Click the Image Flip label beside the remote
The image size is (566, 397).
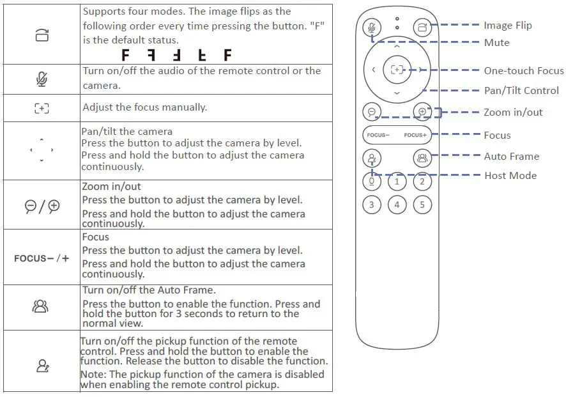[507, 26]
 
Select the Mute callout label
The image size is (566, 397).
[496, 43]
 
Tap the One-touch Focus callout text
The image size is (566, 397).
[523, 71]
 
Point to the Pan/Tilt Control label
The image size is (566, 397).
[521, 91]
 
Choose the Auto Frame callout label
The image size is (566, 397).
[511, 157]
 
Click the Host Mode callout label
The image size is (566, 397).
[510, 176]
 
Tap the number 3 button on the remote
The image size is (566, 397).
[372, 205]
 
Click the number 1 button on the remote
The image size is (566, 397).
[397, 182]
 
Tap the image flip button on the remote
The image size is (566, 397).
[422, 27]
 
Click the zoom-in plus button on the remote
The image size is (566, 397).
[422, 111]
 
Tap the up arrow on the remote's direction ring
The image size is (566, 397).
[397, 46]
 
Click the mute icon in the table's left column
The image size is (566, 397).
[42, 79]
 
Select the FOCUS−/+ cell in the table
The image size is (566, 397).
[42, 258]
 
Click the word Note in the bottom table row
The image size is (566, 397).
[93, 374]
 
